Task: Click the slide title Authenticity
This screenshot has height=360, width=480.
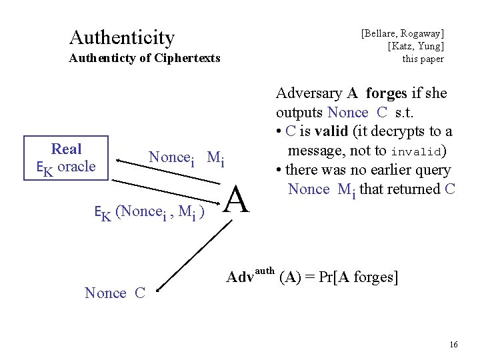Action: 121,37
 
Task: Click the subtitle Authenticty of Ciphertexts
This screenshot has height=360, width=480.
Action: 145,58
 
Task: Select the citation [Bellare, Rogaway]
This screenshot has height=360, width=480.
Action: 403,32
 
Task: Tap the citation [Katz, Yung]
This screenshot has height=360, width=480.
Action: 416,45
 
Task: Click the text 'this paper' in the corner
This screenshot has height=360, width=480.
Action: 423,59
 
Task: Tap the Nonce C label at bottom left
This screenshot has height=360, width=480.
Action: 115,293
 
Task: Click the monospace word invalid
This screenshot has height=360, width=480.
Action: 417,151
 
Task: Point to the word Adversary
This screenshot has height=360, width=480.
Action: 309,93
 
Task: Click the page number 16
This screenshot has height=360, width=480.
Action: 453,345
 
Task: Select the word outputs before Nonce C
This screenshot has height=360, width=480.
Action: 299,113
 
